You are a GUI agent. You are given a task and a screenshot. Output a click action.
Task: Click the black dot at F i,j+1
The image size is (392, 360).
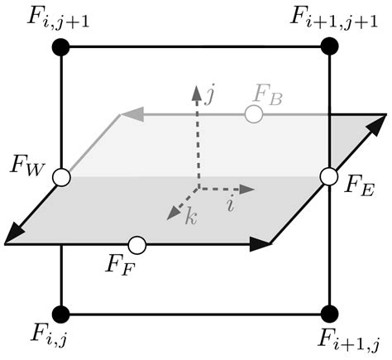coord(61,47)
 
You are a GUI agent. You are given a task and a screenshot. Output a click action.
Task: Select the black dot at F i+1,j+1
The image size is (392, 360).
coord(329,47)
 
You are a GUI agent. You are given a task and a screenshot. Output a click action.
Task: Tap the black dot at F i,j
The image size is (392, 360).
coord(61,313)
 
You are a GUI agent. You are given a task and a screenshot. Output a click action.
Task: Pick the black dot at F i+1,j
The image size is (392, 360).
coord(329,313)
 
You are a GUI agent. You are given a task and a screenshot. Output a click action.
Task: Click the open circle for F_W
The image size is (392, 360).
coord(61,176)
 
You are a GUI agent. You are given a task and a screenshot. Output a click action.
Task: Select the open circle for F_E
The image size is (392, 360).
coord(329,176)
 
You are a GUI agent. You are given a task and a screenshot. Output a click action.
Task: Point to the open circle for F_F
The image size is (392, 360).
coord(137,245)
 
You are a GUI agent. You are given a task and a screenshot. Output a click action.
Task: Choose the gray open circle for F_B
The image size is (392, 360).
coord(253,114)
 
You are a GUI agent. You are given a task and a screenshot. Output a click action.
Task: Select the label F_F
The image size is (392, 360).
coord(122,267)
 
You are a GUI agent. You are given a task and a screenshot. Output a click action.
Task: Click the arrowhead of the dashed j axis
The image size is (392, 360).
coord(196,90)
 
